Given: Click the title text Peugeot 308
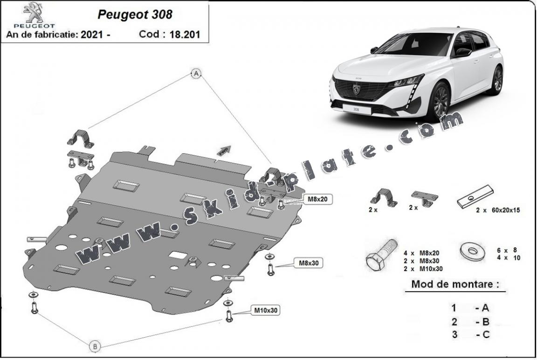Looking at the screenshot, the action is tap(135, 14).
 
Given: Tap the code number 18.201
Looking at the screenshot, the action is tap(185, 34).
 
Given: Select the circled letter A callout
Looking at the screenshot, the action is tap(196, 73).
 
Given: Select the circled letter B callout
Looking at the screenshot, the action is tap(95, 346).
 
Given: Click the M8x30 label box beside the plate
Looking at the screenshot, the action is tap(309, 263).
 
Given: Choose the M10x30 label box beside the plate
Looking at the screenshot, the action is tap(266, 310).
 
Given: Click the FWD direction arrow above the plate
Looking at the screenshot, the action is tap(223, 151).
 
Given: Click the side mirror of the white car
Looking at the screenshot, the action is tap(463, 52).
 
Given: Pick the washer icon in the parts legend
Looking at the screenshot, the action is tap(472, 251).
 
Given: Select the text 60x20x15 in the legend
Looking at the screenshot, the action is tap(506, 210).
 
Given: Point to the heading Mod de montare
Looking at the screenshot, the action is tap(455, 284).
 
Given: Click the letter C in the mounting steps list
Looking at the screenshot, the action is tap(486, 334).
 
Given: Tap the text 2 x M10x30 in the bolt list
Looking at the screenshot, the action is tap(423, 269).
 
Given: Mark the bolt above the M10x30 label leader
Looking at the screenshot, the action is tap(228, 312).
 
